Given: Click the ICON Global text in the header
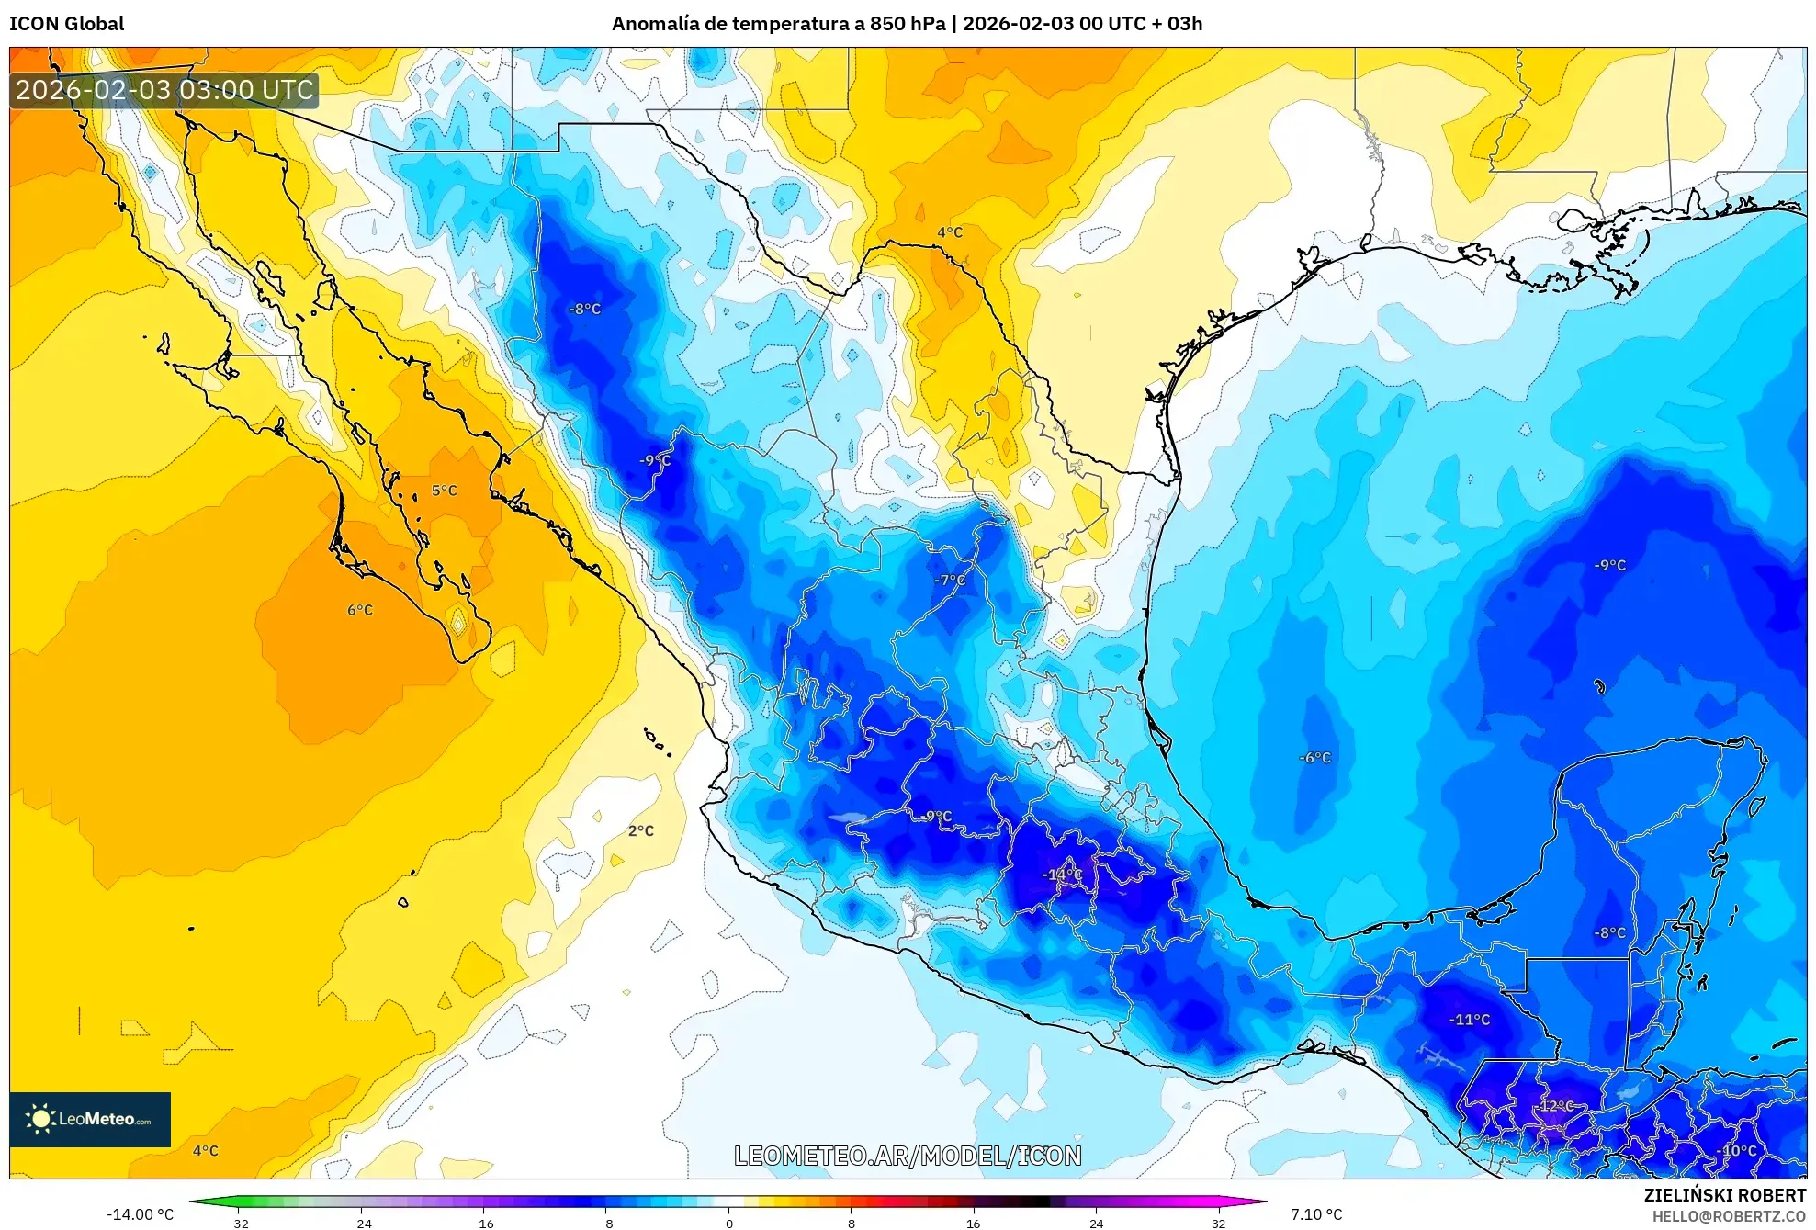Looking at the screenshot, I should click(x=66, y=24).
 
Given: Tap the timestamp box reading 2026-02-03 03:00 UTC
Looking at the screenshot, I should click(x=164, y=90).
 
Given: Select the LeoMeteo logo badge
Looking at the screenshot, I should click(x=90, y=1119).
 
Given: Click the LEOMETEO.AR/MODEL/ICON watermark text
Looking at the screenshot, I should click(x=908, y=1156).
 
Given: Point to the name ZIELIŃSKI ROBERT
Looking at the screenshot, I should click(x=1724, y=1195).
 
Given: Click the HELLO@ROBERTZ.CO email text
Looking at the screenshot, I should click(x=1729, y=1216).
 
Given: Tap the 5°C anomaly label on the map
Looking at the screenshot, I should click(x=444, y=491).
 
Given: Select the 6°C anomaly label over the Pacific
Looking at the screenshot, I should click(x=360, y=610).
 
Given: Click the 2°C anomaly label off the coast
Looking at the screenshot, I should click(x=641, y=831).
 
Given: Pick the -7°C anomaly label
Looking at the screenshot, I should click(x=950, y=581).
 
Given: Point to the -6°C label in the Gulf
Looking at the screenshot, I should click(x=1314, y=758).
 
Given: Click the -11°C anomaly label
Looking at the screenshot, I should click(x=1470, y=1020).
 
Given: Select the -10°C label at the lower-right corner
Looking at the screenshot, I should click(x=1736, y=1151).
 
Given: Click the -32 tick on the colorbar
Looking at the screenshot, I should click(x=238, y=1224).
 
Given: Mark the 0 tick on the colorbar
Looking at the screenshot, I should click(x=728, y=1224).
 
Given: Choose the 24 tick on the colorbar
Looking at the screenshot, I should click(x=1096, y=1224).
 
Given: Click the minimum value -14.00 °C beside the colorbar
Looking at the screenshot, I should click(x=140, y=1214).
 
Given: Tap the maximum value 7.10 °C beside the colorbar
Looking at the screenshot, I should click(x=1315, y=1214).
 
